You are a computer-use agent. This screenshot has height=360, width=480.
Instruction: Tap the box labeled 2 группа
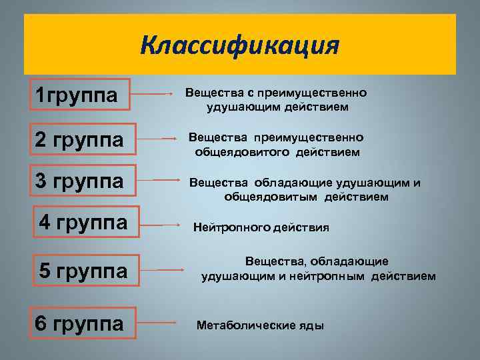point(79,140)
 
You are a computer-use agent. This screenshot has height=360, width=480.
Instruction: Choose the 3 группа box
point(79,181)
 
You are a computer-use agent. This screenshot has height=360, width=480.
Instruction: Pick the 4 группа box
point(83,222)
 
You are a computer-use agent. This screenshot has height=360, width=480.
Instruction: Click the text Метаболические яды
point(260,325)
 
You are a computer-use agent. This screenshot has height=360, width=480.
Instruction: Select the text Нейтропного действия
point(261,227)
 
